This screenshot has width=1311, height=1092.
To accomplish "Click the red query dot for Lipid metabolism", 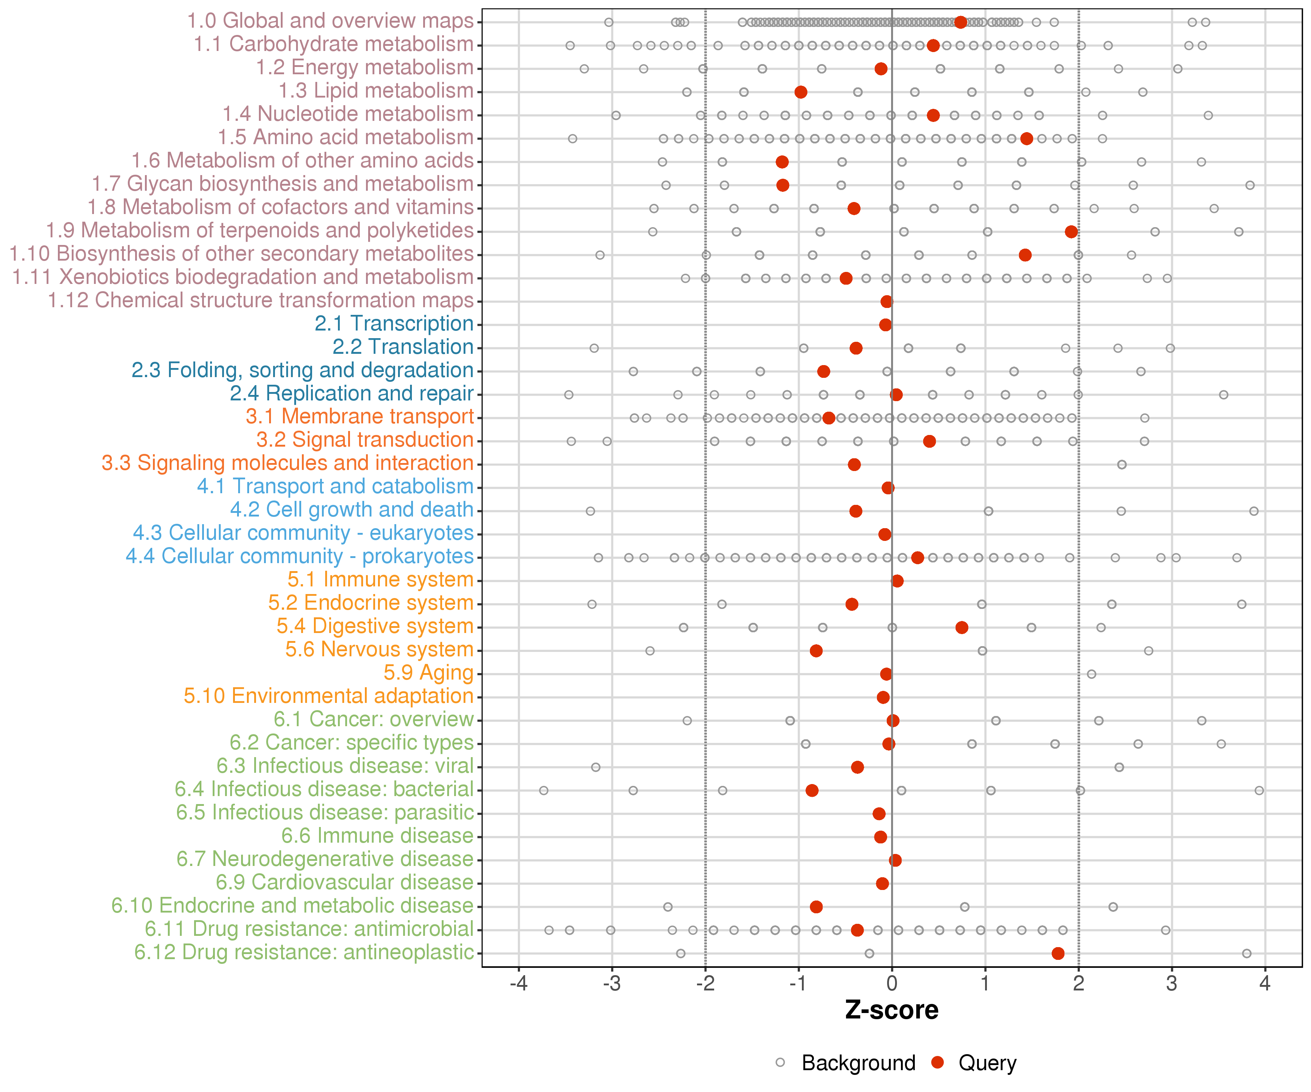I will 801,92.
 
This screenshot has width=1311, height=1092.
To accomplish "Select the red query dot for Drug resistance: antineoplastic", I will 1058,953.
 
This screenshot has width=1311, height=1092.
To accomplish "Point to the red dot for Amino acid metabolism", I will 1026,139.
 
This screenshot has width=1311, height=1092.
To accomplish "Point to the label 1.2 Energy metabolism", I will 365,67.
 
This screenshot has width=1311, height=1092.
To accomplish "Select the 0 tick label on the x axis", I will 891,984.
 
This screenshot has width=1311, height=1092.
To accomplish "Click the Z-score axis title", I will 891,1010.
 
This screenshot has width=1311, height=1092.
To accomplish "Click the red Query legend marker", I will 937,1062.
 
